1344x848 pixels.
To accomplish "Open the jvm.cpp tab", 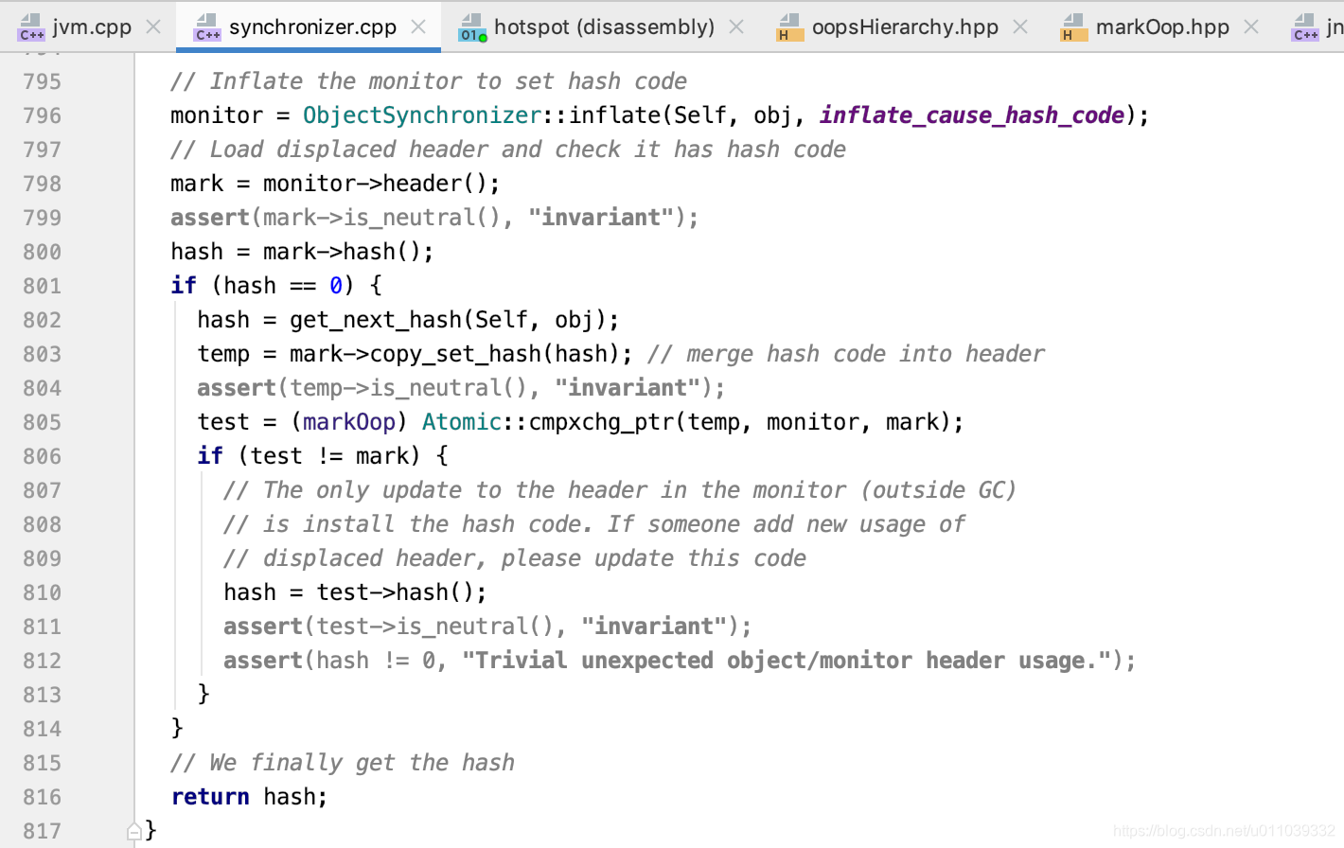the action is click(x=92, y=26).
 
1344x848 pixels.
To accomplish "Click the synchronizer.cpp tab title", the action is click(x=312, y=26).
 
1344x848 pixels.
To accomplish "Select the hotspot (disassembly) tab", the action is click(x=603, y=26).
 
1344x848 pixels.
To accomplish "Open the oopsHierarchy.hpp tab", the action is click(x=904, y=26).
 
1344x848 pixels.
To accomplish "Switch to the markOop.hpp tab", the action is click(x=1161, y=26).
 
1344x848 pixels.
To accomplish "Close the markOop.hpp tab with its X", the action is click(x=1251, y=26).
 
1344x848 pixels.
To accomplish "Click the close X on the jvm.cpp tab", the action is click(x=153, y=26).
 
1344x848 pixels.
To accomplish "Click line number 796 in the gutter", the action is click(x=43, y=115).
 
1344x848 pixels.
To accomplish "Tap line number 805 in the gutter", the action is click(x=43, y=422).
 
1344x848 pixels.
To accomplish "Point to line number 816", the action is click(x=43, y=797).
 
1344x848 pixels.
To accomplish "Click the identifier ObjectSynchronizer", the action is click(x=421, y=115).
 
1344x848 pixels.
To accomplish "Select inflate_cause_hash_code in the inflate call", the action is click(x=971, y=115).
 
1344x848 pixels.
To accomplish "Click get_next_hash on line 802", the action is click(x=375, y=320).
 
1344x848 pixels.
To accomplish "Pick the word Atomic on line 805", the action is click(x=461, y=422).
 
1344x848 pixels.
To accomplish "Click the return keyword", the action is click(x=210, y=797).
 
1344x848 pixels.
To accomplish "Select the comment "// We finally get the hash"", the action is click(x=343, y=763).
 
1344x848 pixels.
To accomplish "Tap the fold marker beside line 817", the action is click(x=134, y=831).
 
